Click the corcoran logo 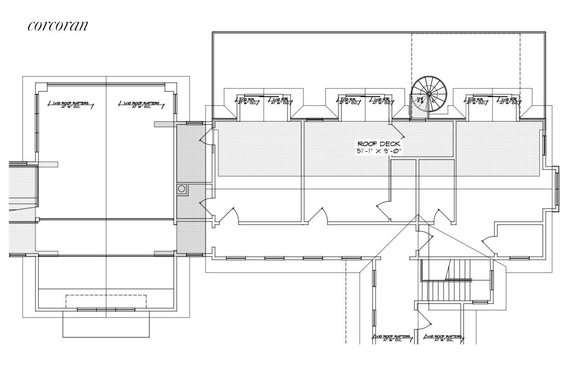coord(58,25)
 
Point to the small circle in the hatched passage coord(182,188)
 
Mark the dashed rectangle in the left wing coord(106,302)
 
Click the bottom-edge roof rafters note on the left coord(391,338)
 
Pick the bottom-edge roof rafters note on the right coord(442,338)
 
